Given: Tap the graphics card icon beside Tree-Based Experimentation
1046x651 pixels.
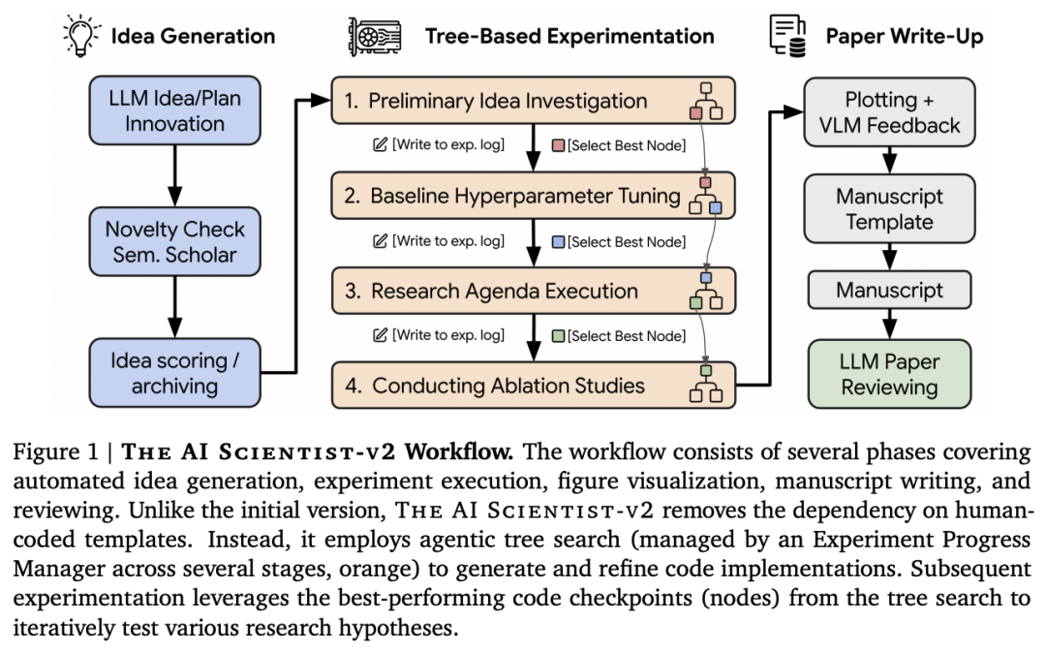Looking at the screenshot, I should click(367, 37).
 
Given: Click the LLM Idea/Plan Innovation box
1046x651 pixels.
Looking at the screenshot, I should click(174, 111).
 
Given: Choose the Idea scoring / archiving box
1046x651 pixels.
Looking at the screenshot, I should click(174, 373).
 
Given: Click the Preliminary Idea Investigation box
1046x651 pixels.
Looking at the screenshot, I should click(533, 101).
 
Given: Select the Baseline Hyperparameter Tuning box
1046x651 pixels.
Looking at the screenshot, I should click(533, 197).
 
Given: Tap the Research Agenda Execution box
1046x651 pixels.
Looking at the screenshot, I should click(533, 291).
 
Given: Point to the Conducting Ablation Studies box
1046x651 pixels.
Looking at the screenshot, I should click(533, 386).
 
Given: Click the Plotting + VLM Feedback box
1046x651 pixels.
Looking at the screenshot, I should click(888, 112).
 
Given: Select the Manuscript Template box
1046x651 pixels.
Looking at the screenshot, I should click(888, 208).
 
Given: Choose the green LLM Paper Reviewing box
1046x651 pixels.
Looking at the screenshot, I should click(888, 374).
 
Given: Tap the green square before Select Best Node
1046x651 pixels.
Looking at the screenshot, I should click(557, 336).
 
